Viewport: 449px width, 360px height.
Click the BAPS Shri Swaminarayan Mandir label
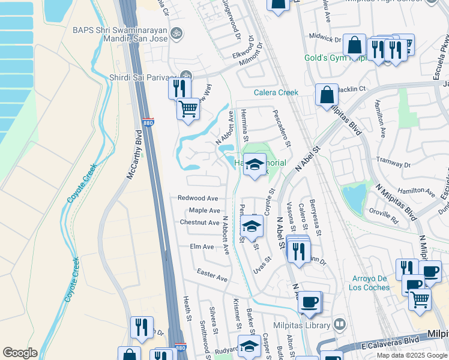click(119, 30)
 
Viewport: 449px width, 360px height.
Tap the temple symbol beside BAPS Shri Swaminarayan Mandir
click(176, 32)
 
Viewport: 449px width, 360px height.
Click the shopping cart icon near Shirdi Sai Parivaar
click(188, 109)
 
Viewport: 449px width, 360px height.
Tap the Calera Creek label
click(276, 92)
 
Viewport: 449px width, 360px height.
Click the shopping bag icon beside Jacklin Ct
click(327, 95)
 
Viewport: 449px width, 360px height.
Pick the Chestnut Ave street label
click(199, 222)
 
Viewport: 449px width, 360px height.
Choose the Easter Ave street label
click(212, 275)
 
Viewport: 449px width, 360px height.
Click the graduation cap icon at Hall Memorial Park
click(255, 164)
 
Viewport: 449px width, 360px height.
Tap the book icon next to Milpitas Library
click(340, 325)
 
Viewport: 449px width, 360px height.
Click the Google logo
click(20, 353)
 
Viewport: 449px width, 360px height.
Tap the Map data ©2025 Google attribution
click(411, 355)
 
